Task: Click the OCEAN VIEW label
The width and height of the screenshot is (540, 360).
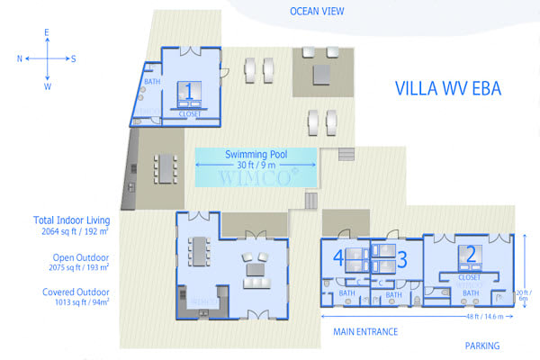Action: (318, 11)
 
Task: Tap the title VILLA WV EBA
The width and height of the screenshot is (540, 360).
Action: (447, 88)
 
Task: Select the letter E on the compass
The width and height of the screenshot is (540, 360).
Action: (48, 32)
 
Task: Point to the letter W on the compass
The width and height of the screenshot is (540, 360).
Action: (48, 86)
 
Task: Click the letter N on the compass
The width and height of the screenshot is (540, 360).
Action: (19, 58)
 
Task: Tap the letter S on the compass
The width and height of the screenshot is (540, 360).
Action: (74, 58)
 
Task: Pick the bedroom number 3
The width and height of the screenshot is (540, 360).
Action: (402, 260)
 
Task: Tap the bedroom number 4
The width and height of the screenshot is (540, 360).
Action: (338, 259)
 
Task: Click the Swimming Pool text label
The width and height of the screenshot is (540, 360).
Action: (256, 154)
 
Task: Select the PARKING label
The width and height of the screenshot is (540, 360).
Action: (482, 346)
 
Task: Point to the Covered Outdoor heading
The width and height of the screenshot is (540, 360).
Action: (76, 292)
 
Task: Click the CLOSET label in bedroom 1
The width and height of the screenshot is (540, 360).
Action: (189, 115)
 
